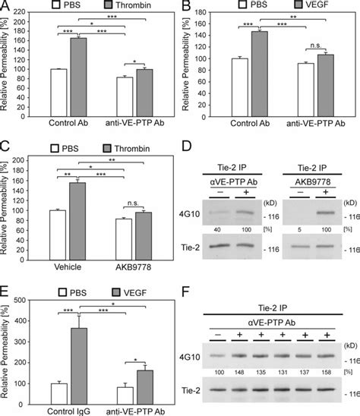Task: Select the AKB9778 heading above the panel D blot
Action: (x=309, y=203)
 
